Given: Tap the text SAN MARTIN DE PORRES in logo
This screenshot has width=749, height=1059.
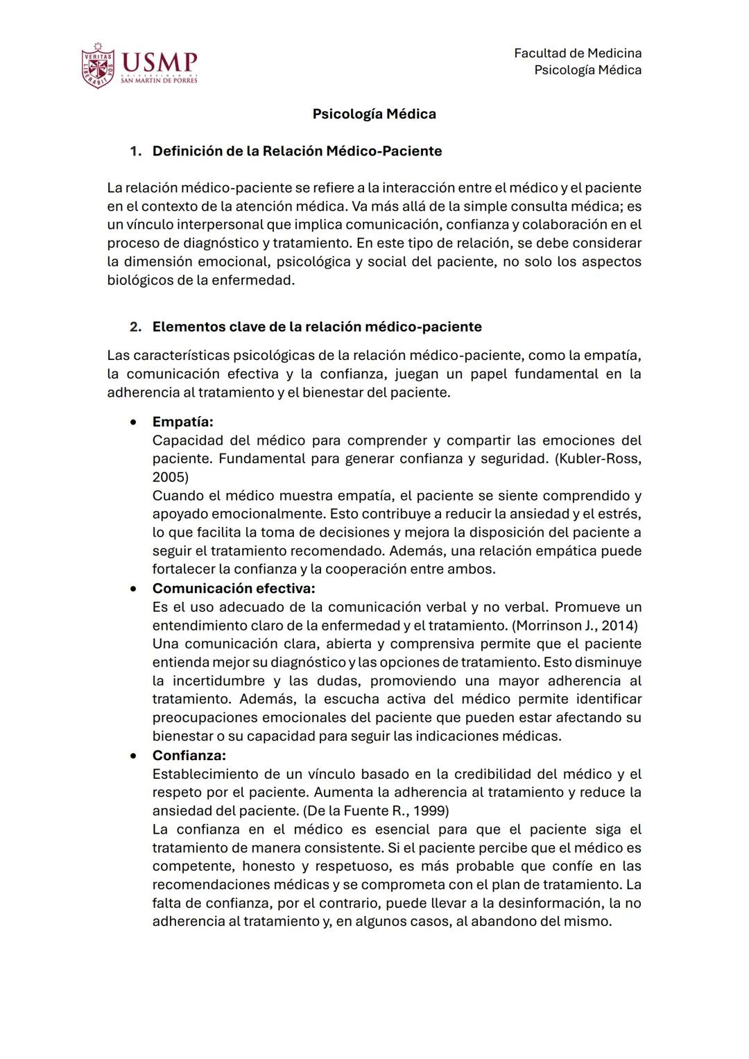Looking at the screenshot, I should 159,80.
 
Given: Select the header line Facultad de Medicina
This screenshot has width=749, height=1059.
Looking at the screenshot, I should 577,53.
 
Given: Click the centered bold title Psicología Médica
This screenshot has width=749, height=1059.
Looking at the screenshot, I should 374,114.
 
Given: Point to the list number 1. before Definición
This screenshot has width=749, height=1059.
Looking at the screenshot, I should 136,151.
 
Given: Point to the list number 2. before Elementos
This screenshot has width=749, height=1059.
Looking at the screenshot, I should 136,327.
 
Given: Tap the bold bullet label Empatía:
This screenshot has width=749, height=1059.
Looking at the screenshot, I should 182,422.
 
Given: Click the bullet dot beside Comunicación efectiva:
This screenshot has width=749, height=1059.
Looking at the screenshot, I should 133,589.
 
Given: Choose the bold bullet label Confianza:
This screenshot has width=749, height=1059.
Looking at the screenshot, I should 189,755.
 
